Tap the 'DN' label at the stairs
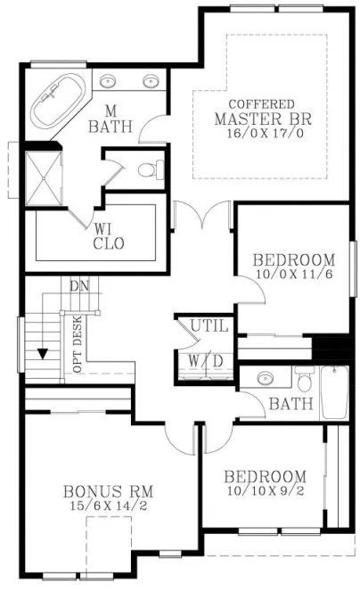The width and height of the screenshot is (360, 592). (81, 287)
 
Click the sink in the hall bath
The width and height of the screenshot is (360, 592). (264, 378)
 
